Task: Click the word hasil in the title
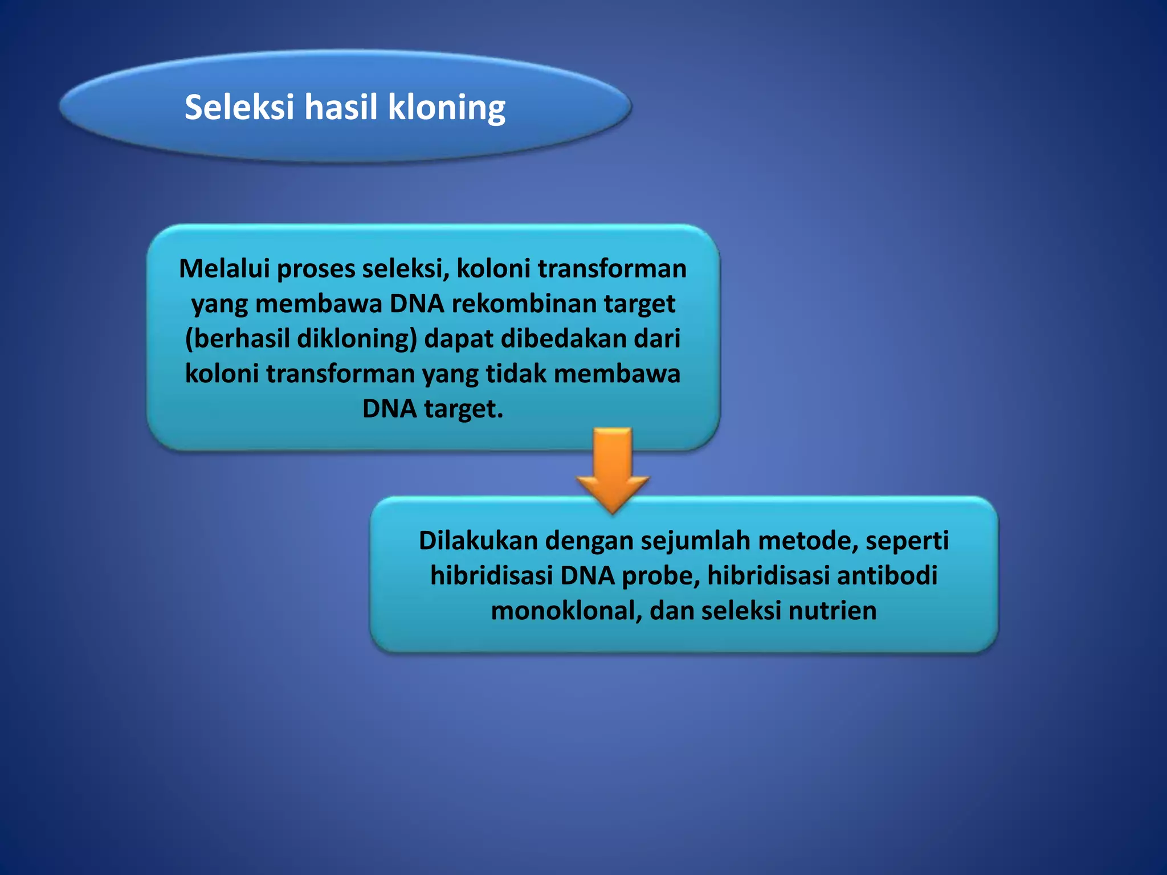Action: [340, 107]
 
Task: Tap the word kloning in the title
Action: [447, 108]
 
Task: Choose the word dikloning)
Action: [357, 339]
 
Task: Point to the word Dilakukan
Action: [478, 540]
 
